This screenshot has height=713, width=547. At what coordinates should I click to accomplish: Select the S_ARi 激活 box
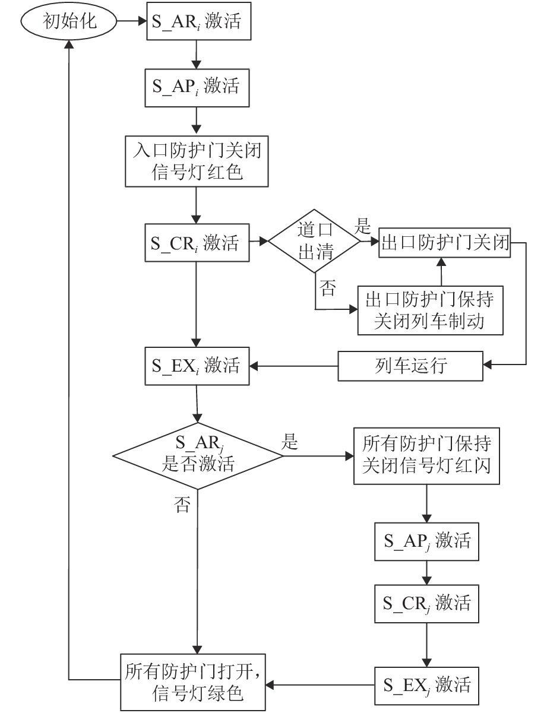click(x=196, y=22)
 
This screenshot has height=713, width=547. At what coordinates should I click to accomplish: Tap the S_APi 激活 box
click(x=196, y=86)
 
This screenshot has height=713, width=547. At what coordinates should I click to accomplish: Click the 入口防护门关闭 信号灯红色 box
click(x=195, y=161)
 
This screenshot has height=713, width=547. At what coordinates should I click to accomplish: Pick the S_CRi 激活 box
click(x=196, y=242)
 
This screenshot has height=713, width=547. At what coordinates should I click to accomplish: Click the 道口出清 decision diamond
click(x=315, y=242)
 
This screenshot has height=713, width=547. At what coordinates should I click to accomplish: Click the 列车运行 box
click(x=410, y=365)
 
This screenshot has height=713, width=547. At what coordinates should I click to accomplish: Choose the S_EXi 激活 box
click(x=196, y=366)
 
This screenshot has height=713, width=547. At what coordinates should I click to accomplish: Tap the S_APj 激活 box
click(x=426, y=541)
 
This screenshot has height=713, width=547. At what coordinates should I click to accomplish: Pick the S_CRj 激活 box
click(x=426, y=604)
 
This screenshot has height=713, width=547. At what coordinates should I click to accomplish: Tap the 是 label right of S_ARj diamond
click(x=290, y=442)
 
